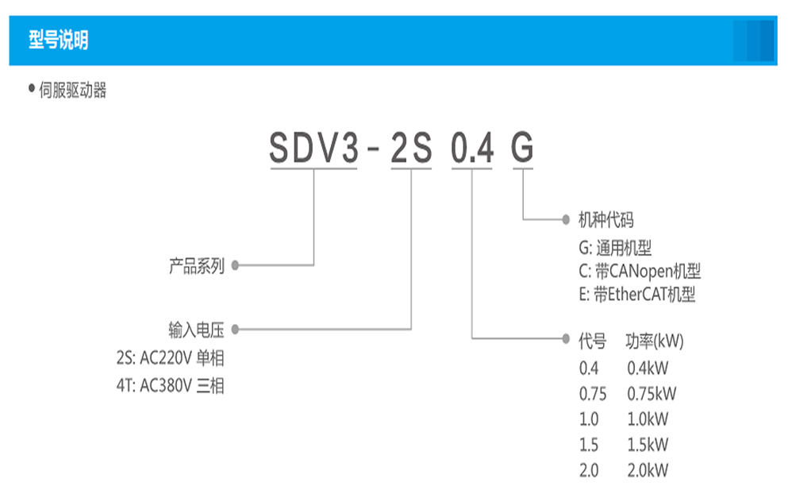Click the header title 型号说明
click(x=58, y=41)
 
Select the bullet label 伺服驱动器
click(x=72, y=91)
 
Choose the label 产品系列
click(x=197, y=266)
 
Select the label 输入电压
click(x=197, y=330)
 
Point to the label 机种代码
click(x=606, y=219)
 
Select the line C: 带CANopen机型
click(x=640, y=271)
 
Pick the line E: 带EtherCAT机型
click(x=637, y=295)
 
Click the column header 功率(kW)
click(x=655, y=342)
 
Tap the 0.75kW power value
click(x=652, y=394)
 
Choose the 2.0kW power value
click(x=648, y=470)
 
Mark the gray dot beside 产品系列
click(x=235, y=266)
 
